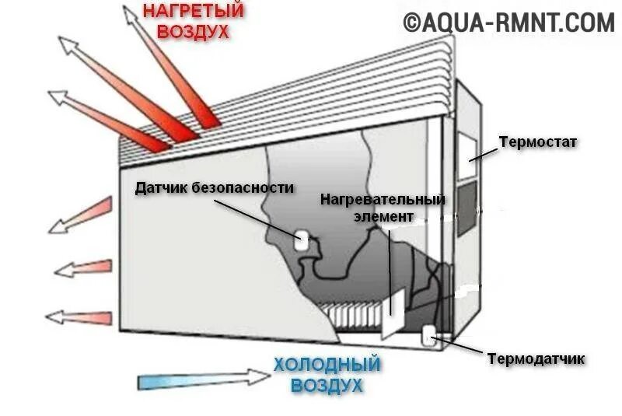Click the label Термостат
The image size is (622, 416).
point(537,143)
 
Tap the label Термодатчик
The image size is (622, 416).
point(536,358)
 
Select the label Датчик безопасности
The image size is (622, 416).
point(215,187)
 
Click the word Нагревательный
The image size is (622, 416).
point(383,200)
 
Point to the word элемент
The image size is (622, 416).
point(383,217)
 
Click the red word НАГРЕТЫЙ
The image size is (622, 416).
point(194,12)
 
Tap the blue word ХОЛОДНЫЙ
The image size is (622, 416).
point(327,364)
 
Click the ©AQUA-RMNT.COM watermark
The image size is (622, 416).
point(508,23)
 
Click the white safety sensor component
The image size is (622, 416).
point(301,240)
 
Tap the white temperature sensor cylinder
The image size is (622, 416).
point(428,335)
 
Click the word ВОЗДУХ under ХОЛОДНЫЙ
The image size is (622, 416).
point(327,384)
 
